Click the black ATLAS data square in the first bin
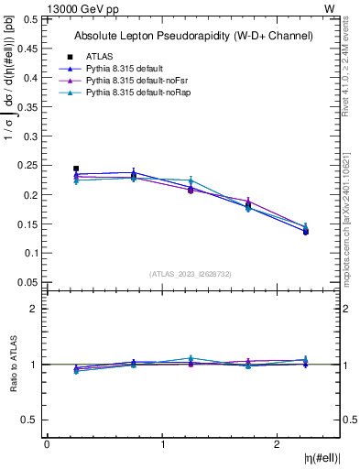coord(76,169)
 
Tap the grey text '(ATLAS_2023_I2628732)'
coord(191,273)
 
